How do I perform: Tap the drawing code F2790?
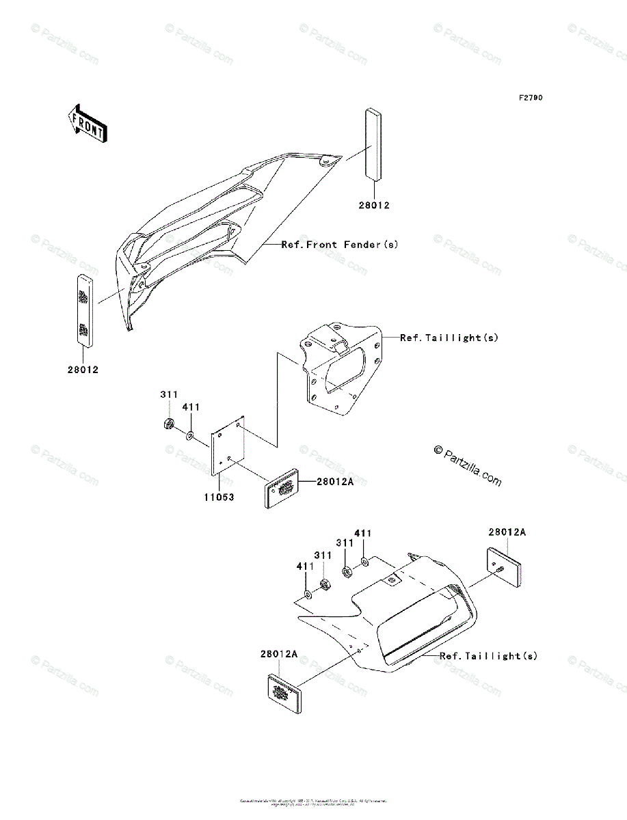(530, 98)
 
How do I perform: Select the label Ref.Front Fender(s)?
(340, 244)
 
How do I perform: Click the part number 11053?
(217, 497)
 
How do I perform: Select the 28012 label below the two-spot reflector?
(83, 370)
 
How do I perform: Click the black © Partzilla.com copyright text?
(468, 465)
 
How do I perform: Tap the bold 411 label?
(363, 533)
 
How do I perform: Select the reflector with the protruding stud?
(504, 564)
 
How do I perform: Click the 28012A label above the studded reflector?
(507, 532)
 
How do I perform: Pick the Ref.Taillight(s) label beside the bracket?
(449, 338)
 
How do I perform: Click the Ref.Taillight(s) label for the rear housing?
(488, 656)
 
